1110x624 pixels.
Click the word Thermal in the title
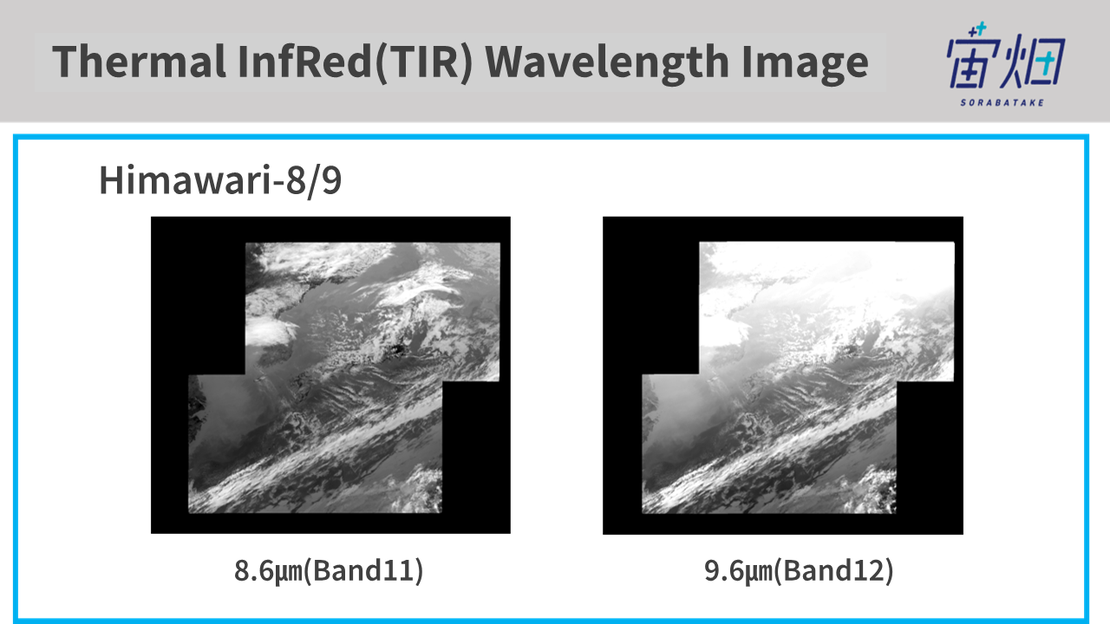point(140,62)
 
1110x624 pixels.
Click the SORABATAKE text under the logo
point(1002,103)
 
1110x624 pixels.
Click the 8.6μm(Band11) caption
point(329,571)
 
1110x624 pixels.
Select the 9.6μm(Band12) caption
point(799,571)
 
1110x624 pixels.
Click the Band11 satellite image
point(330,375)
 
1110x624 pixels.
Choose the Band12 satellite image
point(783,375)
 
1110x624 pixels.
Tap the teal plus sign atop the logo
point(981,28)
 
